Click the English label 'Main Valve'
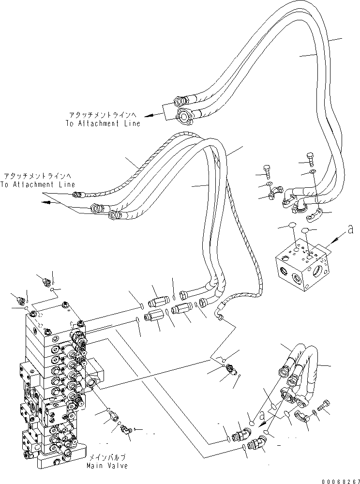[107, 466]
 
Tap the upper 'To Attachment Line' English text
[103, 123]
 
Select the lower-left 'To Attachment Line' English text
[37, 184]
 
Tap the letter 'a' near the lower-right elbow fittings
[263, 416]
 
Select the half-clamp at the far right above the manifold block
[315, 214]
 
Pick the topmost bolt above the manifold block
[310, 159]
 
